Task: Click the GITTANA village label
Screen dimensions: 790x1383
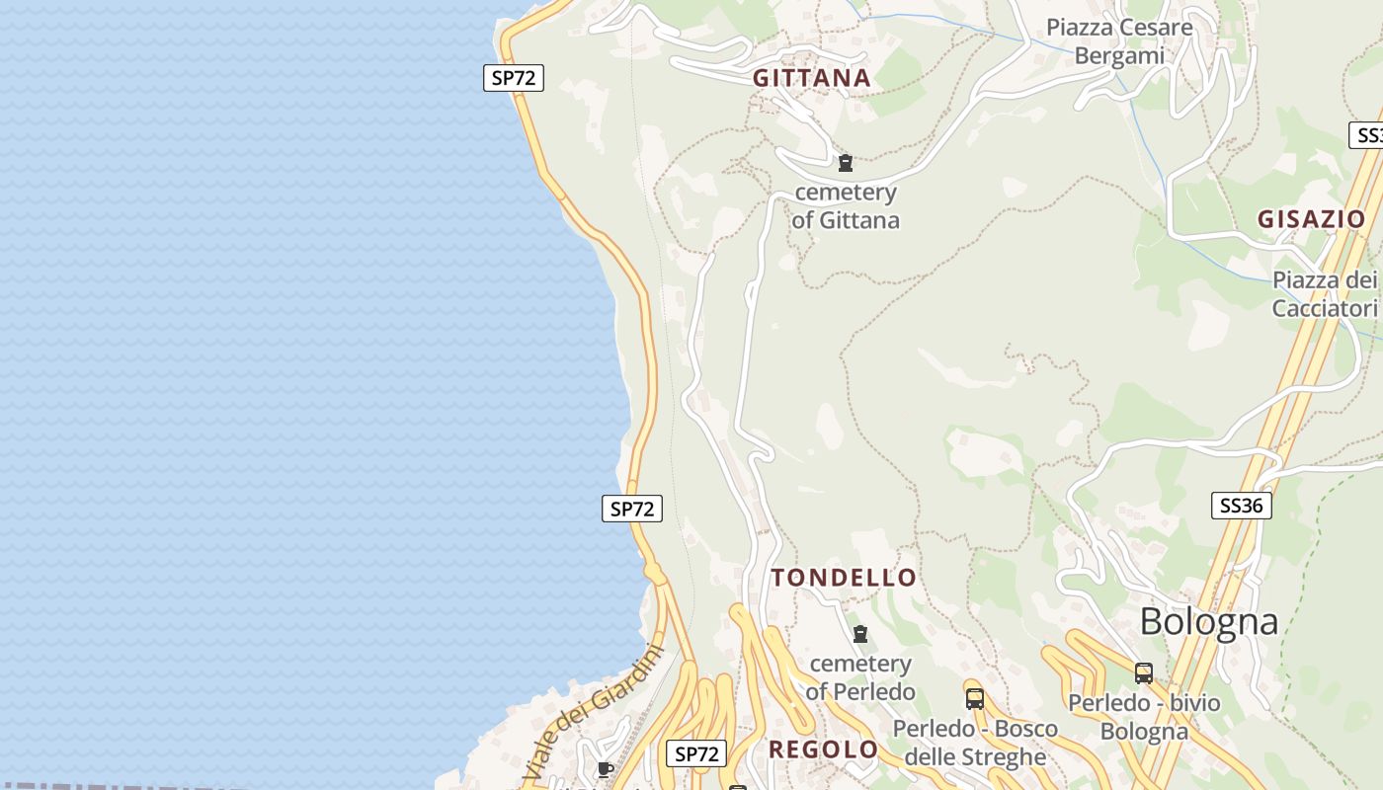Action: tap(811, 78)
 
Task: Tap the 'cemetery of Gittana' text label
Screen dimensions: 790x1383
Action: tap(846, 206)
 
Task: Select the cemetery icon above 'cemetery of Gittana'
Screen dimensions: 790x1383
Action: tap(845, 163)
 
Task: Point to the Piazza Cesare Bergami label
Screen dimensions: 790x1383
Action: tap(1119, 41)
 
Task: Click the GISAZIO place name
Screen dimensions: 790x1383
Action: tap(1311, 219)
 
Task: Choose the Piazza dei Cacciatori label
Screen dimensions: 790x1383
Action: tap(1324, 294)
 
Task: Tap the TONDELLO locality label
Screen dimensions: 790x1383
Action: tap(844, 578)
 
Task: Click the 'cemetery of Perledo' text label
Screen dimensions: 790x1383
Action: tap(860, 677)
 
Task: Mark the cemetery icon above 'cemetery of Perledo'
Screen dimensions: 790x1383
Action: tap(860, 634)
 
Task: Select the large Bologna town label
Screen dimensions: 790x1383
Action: tap(1209, 622)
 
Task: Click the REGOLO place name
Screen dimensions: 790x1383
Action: tap(823, 750)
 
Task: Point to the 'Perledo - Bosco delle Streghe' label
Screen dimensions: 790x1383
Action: tap(975, 743)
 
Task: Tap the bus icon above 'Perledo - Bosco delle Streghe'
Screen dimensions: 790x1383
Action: tap(975, 699)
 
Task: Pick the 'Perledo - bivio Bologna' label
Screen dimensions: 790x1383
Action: tap(1144, 717)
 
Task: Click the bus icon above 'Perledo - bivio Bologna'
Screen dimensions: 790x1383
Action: tap(1144, 673)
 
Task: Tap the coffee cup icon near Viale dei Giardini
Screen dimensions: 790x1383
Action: tap(606, 769)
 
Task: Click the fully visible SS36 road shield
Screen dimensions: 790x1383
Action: tap(1241, 506)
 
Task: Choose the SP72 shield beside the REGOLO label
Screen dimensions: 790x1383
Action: tap(696, 753)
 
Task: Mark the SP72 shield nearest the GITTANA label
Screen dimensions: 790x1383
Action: tap(514, 78)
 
